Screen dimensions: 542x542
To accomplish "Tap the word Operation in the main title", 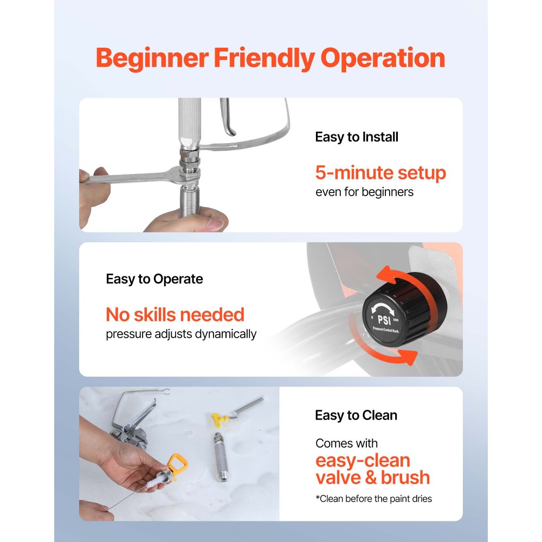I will [383, 59].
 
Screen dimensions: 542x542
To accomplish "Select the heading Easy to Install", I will [356, 137].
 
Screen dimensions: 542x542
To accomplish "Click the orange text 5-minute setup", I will [380, 173].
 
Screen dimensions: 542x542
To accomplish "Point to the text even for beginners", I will [364, 192].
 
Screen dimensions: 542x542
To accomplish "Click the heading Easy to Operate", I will [154, 279].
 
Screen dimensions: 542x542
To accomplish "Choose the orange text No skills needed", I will [175, 314].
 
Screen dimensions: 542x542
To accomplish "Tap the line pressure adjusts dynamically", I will [181, 334].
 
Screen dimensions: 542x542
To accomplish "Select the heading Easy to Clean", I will [356, 415].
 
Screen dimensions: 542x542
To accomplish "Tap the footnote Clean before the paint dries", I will [373, 499].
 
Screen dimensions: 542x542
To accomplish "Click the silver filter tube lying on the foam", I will [220, 457].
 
